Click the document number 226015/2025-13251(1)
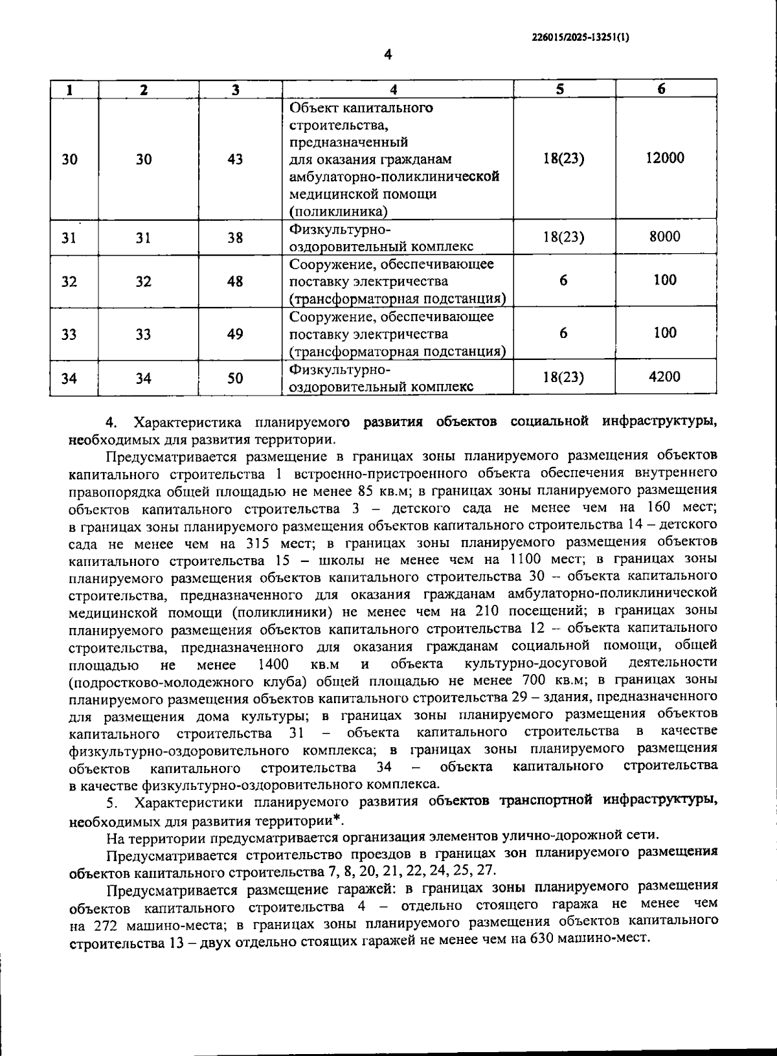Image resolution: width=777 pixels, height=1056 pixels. pos(580,38)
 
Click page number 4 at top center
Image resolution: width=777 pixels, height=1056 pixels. pos(388,55)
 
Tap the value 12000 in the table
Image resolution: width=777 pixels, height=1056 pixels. pos(665,159)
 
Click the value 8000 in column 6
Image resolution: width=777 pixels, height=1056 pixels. pos(665,237)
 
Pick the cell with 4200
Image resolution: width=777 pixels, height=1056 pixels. pos(665,377)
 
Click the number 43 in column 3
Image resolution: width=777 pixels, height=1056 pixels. pos(236,159)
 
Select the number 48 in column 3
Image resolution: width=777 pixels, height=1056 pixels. pos(236,282)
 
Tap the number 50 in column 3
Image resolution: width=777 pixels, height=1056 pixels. pos(236,377)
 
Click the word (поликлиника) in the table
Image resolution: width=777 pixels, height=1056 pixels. pos(339,211)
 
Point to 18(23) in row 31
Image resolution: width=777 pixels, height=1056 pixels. pos(563,238)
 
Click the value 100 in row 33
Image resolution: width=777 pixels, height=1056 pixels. pos(665,333)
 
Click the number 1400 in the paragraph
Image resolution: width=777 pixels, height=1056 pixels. pos(273,664)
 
